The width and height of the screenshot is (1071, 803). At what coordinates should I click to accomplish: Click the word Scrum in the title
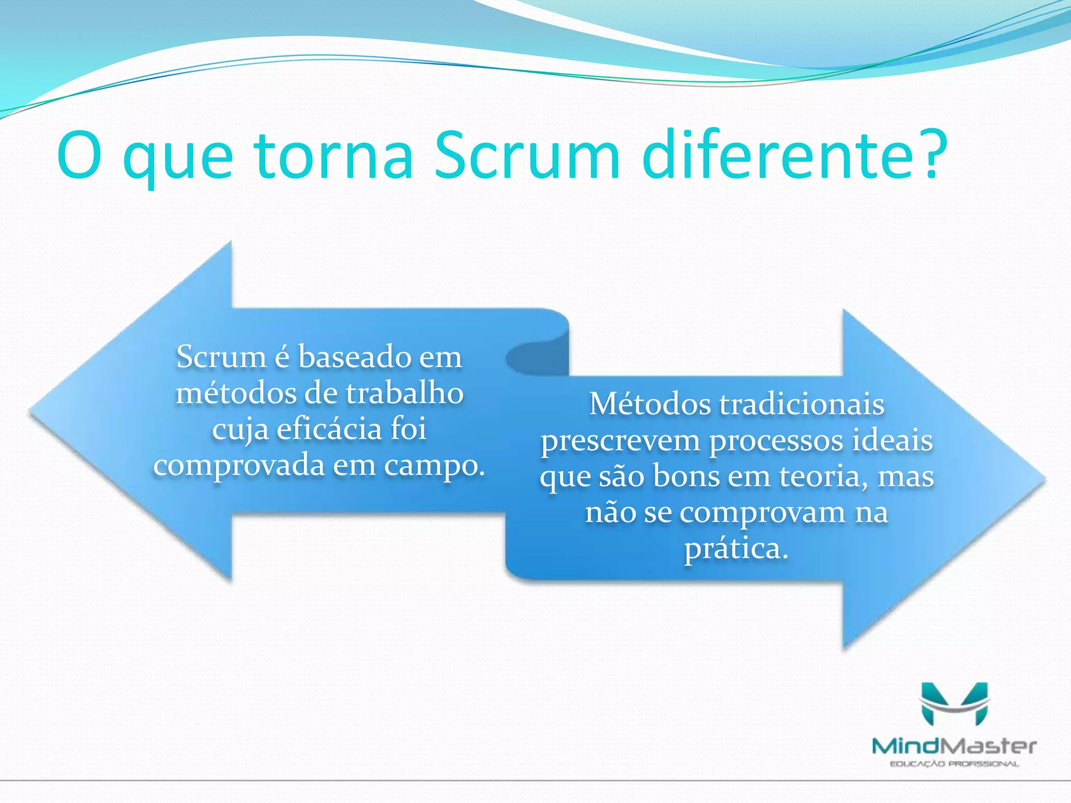(x=527, y=156)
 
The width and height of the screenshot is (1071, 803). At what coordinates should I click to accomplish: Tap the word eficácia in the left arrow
(x=329, y=429)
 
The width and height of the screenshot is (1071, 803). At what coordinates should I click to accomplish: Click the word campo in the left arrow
(x=434, y=465)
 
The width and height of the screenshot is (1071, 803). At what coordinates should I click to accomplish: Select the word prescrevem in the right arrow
(x=620, y=441)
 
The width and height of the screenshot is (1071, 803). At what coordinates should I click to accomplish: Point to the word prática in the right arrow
(x=736, y=548)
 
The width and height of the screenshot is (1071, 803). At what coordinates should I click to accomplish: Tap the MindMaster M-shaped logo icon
(x=954, y=703)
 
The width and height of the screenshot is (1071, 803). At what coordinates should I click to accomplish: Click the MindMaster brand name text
(x=954, y=745)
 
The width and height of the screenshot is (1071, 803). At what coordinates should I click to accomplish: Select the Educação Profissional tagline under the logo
(x=954, y=764)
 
